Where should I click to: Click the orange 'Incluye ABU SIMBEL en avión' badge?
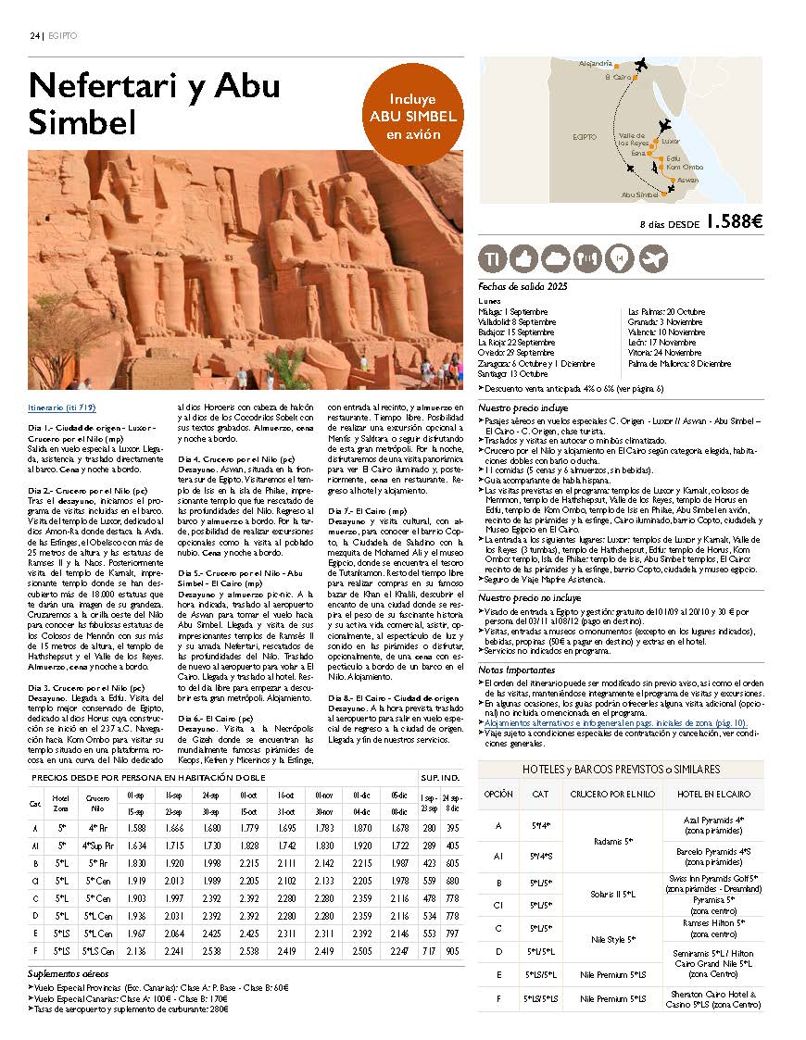pyautogui.click(x=413, y=116)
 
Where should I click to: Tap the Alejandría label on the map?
pyautogui.click(x=596, y=63)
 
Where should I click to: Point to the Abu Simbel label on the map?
pyautogui.click(x=639, y=194)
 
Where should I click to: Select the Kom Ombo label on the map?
pyautogui.click(x=684, y=168)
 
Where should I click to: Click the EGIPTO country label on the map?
pyautogui.click(x=585, y=136)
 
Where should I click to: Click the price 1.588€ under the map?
pyautogui.click(x=733, y=222)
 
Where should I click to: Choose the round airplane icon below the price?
pyautogui.click(x=653, y=258)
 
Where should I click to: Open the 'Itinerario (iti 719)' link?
pyautogui.click(x=62, y=407)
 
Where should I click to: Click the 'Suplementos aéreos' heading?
pyautogui.click(x=69, y=974)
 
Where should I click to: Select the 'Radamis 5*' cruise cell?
pyautogui.click(x=612, y=842)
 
